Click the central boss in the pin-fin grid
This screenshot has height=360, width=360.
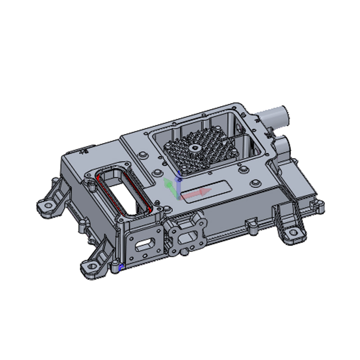tap(194, 148)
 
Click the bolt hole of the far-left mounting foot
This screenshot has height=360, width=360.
tap(46, 206)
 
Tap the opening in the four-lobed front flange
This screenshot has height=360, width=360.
tap(185, 237)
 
